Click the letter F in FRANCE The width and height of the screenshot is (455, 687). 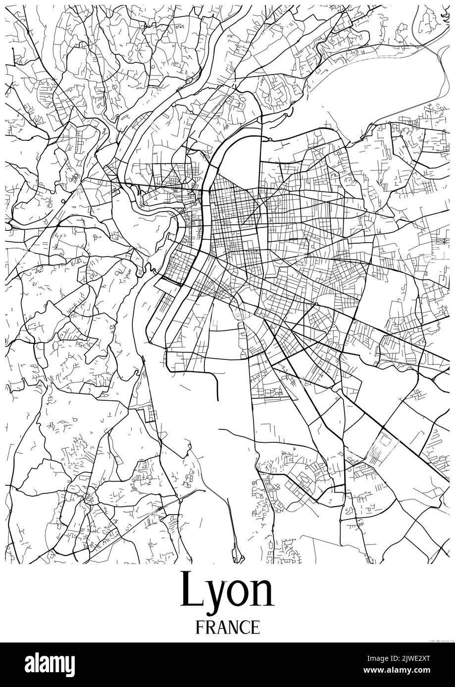pyautogui.click(x=200, y=627)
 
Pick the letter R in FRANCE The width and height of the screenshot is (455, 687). pyautogui.click(x=210, y=627)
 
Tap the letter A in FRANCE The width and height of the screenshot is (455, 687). pyautogui.click(x=221, y=627)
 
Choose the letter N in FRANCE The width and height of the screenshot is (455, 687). pyautogui.click(x=232, y=627)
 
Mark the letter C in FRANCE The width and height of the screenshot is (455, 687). pyautogui.click(x=244, y=627)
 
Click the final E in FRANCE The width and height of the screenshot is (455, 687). pyautogui.click(x=254, y=627)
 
